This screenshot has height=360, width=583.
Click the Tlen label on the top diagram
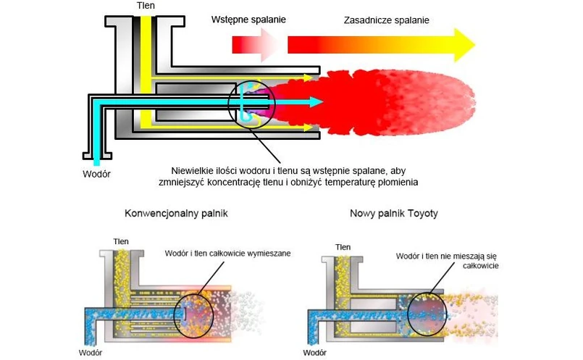pyautogui.click(x=146, y=6)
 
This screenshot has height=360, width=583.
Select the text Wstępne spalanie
pyautogui.click(x=248, y=20)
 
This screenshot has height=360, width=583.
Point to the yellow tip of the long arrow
pyautogui.click(x=461, y=45)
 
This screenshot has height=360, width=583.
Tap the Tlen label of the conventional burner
pyautogui.click(x=121, y=241)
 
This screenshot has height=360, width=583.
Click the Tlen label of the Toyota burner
pyautogui.click(x=343, y=247)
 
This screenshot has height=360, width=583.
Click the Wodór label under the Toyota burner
pyautogui.click(x=316, y=353)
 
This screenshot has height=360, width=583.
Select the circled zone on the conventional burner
pyautogui.click(x=193, y=314)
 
